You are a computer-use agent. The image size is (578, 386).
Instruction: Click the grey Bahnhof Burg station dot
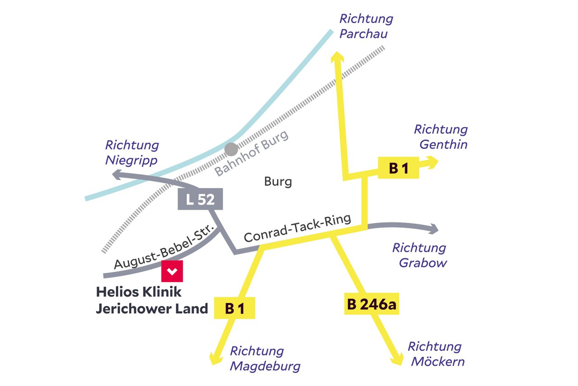(x=231, y=149)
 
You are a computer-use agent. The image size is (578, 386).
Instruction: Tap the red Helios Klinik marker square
(x=172, y=271)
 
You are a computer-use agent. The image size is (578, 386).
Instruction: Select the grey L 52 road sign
(x=200, y=199)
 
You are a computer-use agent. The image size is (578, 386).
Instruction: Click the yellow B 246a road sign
(x=371, y=304)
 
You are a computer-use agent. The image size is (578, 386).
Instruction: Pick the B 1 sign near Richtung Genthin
(x=398, y=168)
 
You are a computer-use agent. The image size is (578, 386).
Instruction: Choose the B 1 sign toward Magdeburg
(x=235, y=308)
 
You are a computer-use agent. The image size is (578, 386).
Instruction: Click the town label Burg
(x=278, y=182)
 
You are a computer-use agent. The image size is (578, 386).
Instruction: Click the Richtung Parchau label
(x=366, y=26)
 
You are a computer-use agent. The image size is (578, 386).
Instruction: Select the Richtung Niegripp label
(x=132, y=152)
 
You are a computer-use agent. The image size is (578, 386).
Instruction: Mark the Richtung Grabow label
(x=419, y=255)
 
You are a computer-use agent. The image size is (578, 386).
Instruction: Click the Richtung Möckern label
(x=435, y=354)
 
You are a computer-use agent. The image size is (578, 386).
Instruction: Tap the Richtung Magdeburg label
(x=265, y=358)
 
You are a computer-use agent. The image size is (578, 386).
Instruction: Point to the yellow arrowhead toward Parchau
(x=337, y=57)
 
